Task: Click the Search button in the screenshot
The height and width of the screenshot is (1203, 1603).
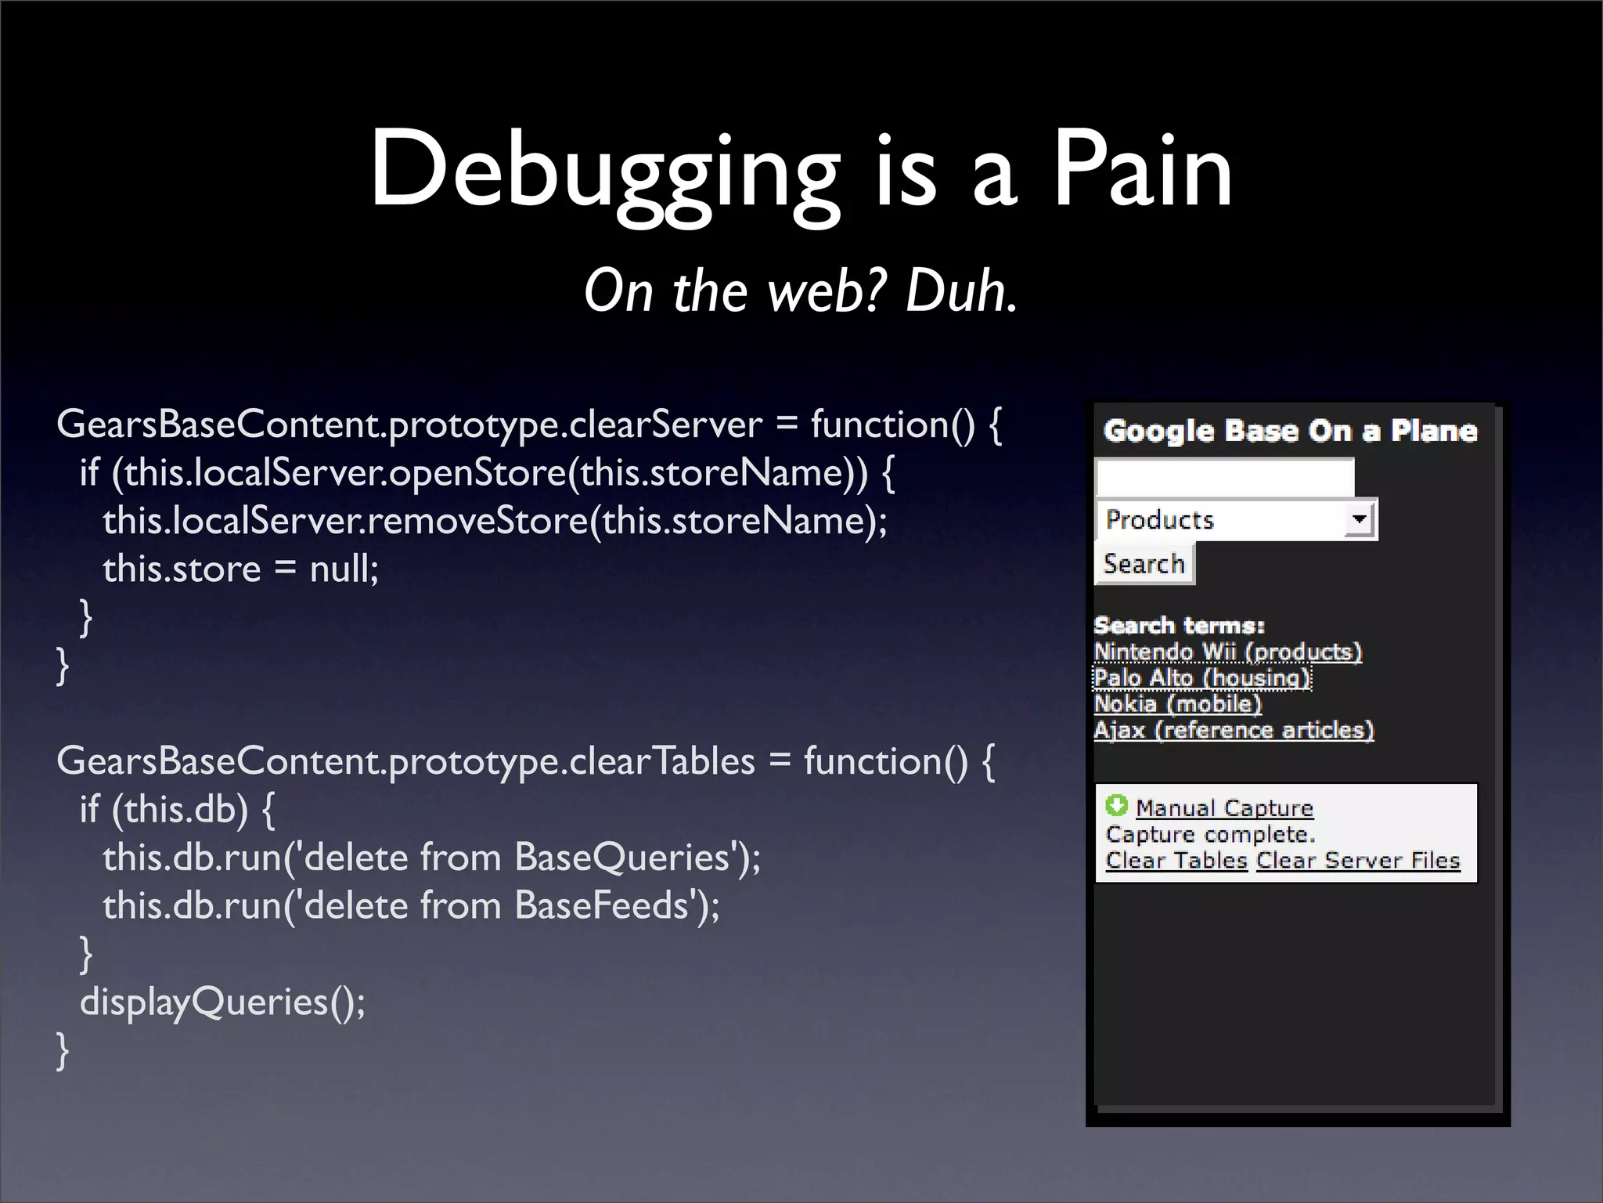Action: [x=1144, y=564]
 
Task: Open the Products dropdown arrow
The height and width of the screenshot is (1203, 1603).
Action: [x=1360, y=519]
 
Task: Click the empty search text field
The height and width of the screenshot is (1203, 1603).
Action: [x=1224, y=477]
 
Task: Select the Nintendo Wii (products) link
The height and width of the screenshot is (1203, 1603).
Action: [x=1227, y=652]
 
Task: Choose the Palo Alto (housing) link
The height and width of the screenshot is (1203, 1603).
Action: [x=1201, y=677]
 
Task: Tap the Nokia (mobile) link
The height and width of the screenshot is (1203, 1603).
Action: [x=1177, y=703]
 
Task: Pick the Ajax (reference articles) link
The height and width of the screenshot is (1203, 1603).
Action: [x=1234, y=730]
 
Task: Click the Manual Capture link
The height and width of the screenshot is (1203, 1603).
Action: [x=1224, y=807]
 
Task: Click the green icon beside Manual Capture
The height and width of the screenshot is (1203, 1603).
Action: [x=1116, y=805]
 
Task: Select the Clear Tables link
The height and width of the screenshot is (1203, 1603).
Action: [x=1176, y=860]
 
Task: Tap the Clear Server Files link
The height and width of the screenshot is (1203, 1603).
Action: [x=1358, y=860]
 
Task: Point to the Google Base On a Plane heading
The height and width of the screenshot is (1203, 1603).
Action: [x=1290, y=431]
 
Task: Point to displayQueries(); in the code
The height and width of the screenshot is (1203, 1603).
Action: [x=222, y=1002]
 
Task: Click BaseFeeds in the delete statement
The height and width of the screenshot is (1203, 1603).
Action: [x=601, y=905]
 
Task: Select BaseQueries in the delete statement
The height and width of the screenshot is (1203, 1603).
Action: [x=621, y=857]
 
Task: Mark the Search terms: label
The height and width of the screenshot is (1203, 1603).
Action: [x=1179, y=626]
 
